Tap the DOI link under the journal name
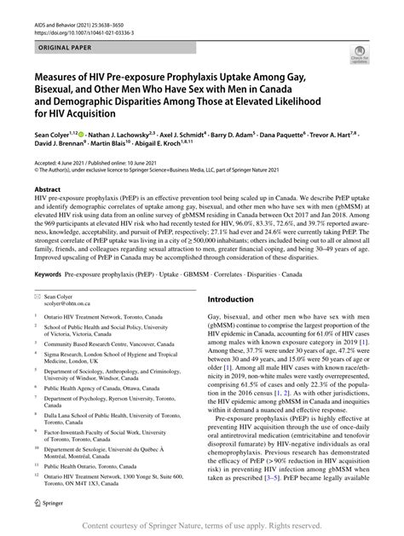pyautogui.click(x=78, y=16)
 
